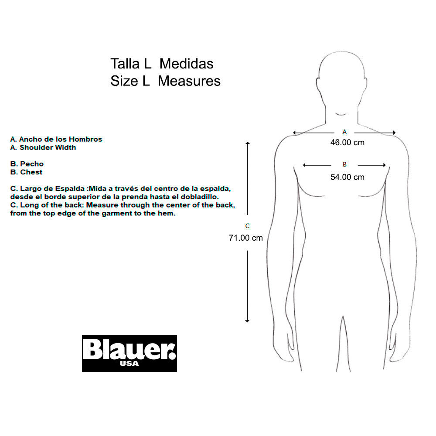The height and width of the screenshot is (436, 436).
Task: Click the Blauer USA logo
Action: click(129, 354)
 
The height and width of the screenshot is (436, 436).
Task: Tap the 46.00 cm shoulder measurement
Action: click(347, 143)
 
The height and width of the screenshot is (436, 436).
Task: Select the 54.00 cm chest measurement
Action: click(347, 177)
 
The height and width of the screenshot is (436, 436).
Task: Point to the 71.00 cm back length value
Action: click(246, 238)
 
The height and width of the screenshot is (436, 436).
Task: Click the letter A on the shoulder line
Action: click(344, 132)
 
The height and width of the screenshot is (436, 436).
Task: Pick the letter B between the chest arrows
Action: click(344, 164)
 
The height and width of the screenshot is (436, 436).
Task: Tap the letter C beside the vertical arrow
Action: click(247, 226)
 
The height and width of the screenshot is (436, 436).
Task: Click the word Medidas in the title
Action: click(186, 64)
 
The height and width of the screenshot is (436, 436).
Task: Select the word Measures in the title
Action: click(189, 81)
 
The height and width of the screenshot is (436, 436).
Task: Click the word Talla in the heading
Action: click(125, 64)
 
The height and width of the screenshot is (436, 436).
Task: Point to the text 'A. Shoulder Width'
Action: click(43, 147)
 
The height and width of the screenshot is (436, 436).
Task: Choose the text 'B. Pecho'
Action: click(27, 164)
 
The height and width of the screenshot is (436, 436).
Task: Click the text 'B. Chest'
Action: click(27, 172)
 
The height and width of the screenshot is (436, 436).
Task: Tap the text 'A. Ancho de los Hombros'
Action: click(56, 139)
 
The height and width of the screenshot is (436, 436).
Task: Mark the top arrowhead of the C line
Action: click(248, 143)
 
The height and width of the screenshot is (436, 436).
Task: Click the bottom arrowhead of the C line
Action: click(247, 321)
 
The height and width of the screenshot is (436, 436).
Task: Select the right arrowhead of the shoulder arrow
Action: click(394, 133)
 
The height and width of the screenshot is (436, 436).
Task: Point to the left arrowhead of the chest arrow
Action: click(304, 165)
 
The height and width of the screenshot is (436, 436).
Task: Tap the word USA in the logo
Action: click(129, 364)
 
